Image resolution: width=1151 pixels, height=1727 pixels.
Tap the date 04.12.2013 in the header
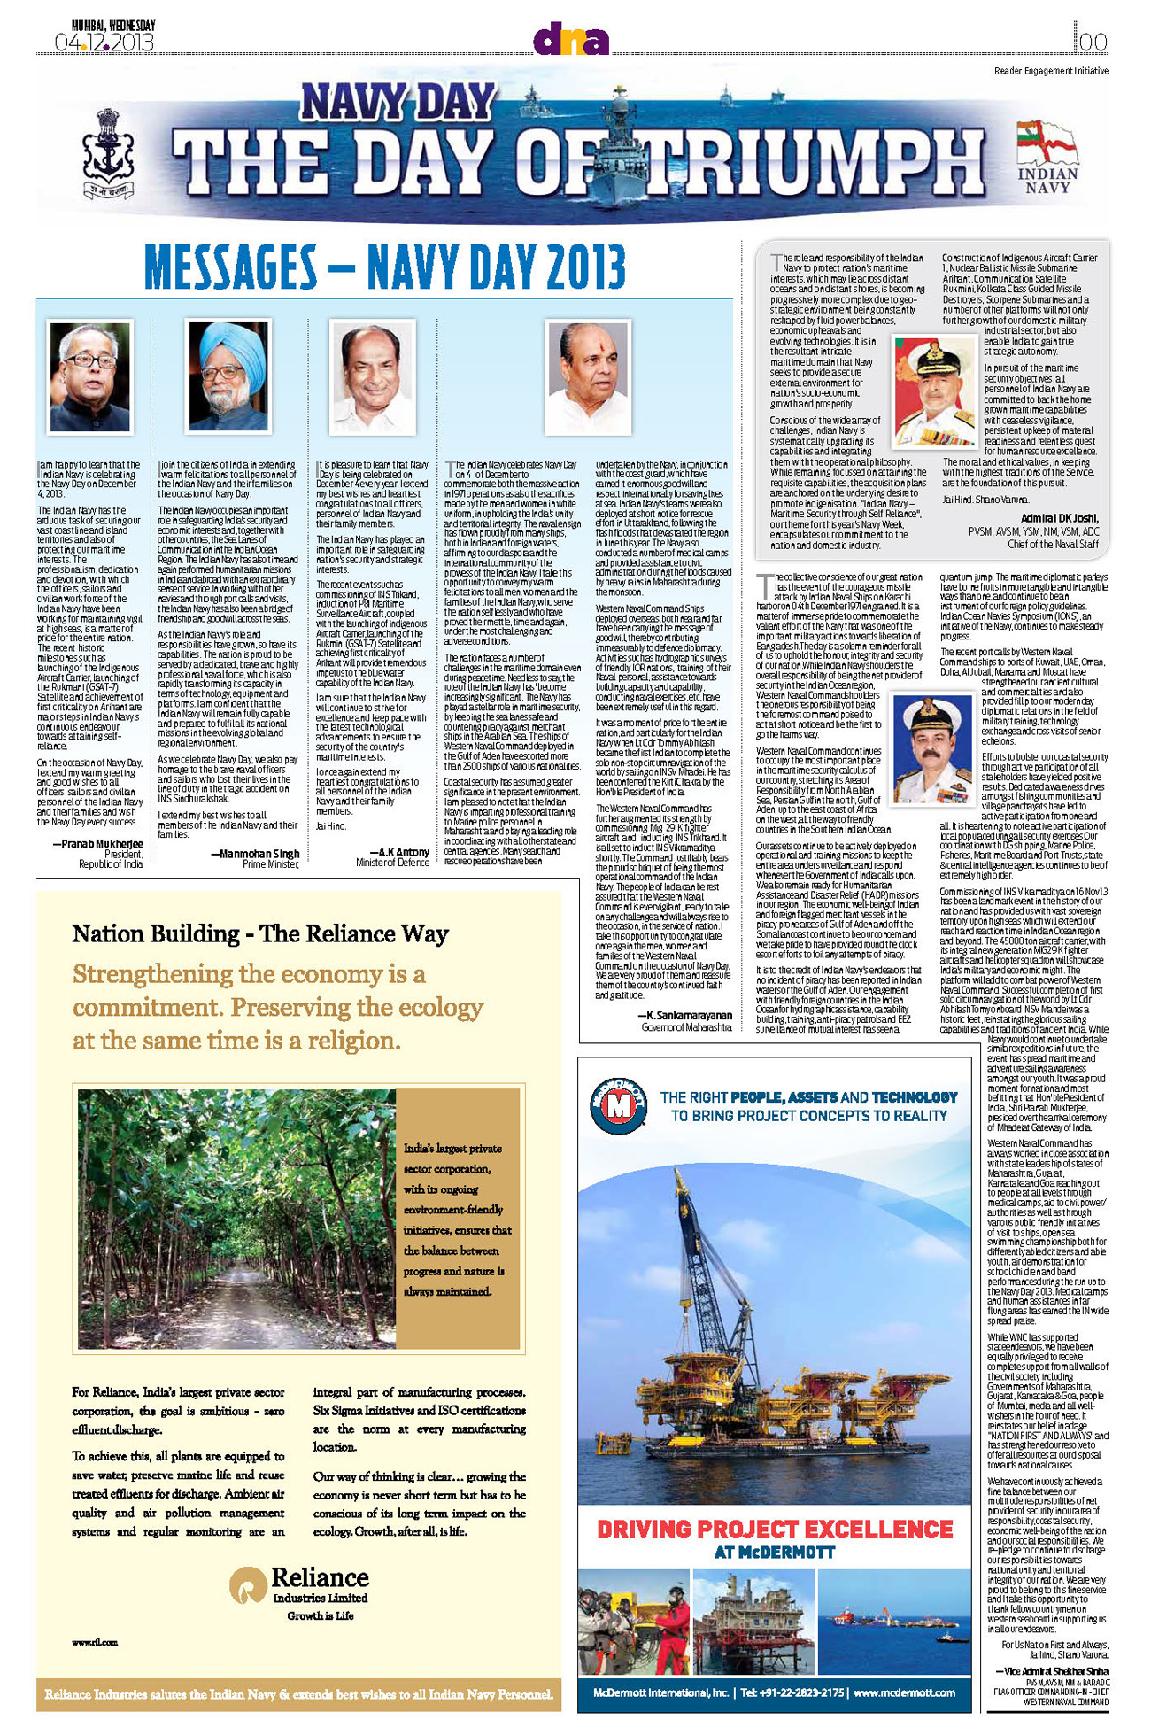point(104,43)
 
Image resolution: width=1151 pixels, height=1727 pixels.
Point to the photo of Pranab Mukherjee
point(89,376)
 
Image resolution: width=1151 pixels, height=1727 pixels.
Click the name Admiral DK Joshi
point(1059,518)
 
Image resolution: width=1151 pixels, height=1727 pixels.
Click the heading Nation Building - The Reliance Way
point(259,933)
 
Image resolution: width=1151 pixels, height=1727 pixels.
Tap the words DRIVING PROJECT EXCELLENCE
point(775,1530)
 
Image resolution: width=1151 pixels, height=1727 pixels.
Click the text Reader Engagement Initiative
point(1050,71)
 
